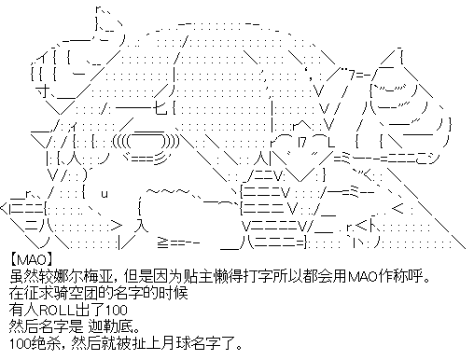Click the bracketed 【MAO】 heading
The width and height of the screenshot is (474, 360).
(x=32, y=259)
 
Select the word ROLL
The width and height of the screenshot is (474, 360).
(x=57, y=310)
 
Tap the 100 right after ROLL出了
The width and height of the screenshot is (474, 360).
(x=117, y=310)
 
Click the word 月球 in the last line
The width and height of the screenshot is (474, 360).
(x=176, y=343)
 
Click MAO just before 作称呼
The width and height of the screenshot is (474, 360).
(x=362, y=276)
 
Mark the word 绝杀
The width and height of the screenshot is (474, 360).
(x=46, y=343)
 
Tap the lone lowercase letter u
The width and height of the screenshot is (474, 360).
(x=105, y=194)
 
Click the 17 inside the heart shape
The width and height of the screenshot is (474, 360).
(x=302, y=142)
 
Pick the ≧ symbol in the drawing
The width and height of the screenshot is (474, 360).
(x=163, y=242)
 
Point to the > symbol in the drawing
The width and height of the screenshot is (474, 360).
(x=116, y=225)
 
